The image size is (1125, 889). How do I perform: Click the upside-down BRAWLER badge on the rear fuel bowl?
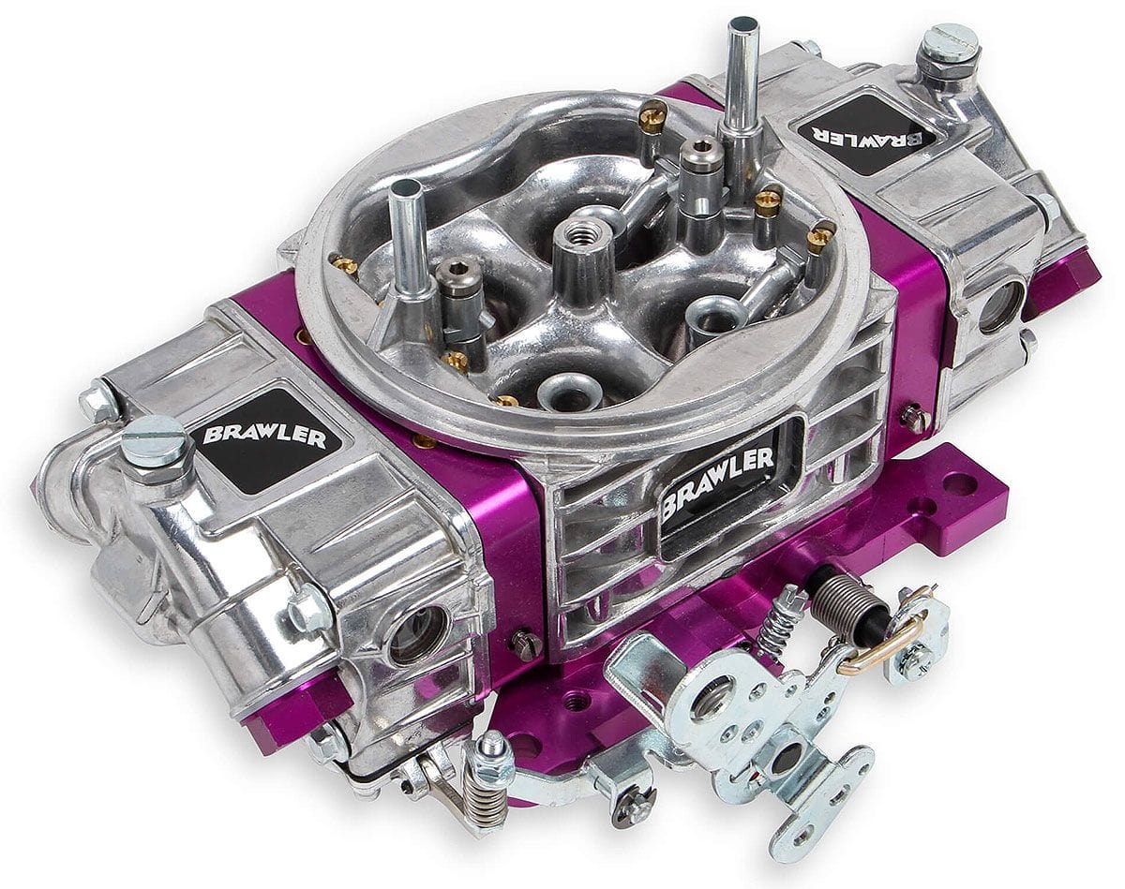click(x=868, y=133)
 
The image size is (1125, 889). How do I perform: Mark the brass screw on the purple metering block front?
click(x=525, y=645)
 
